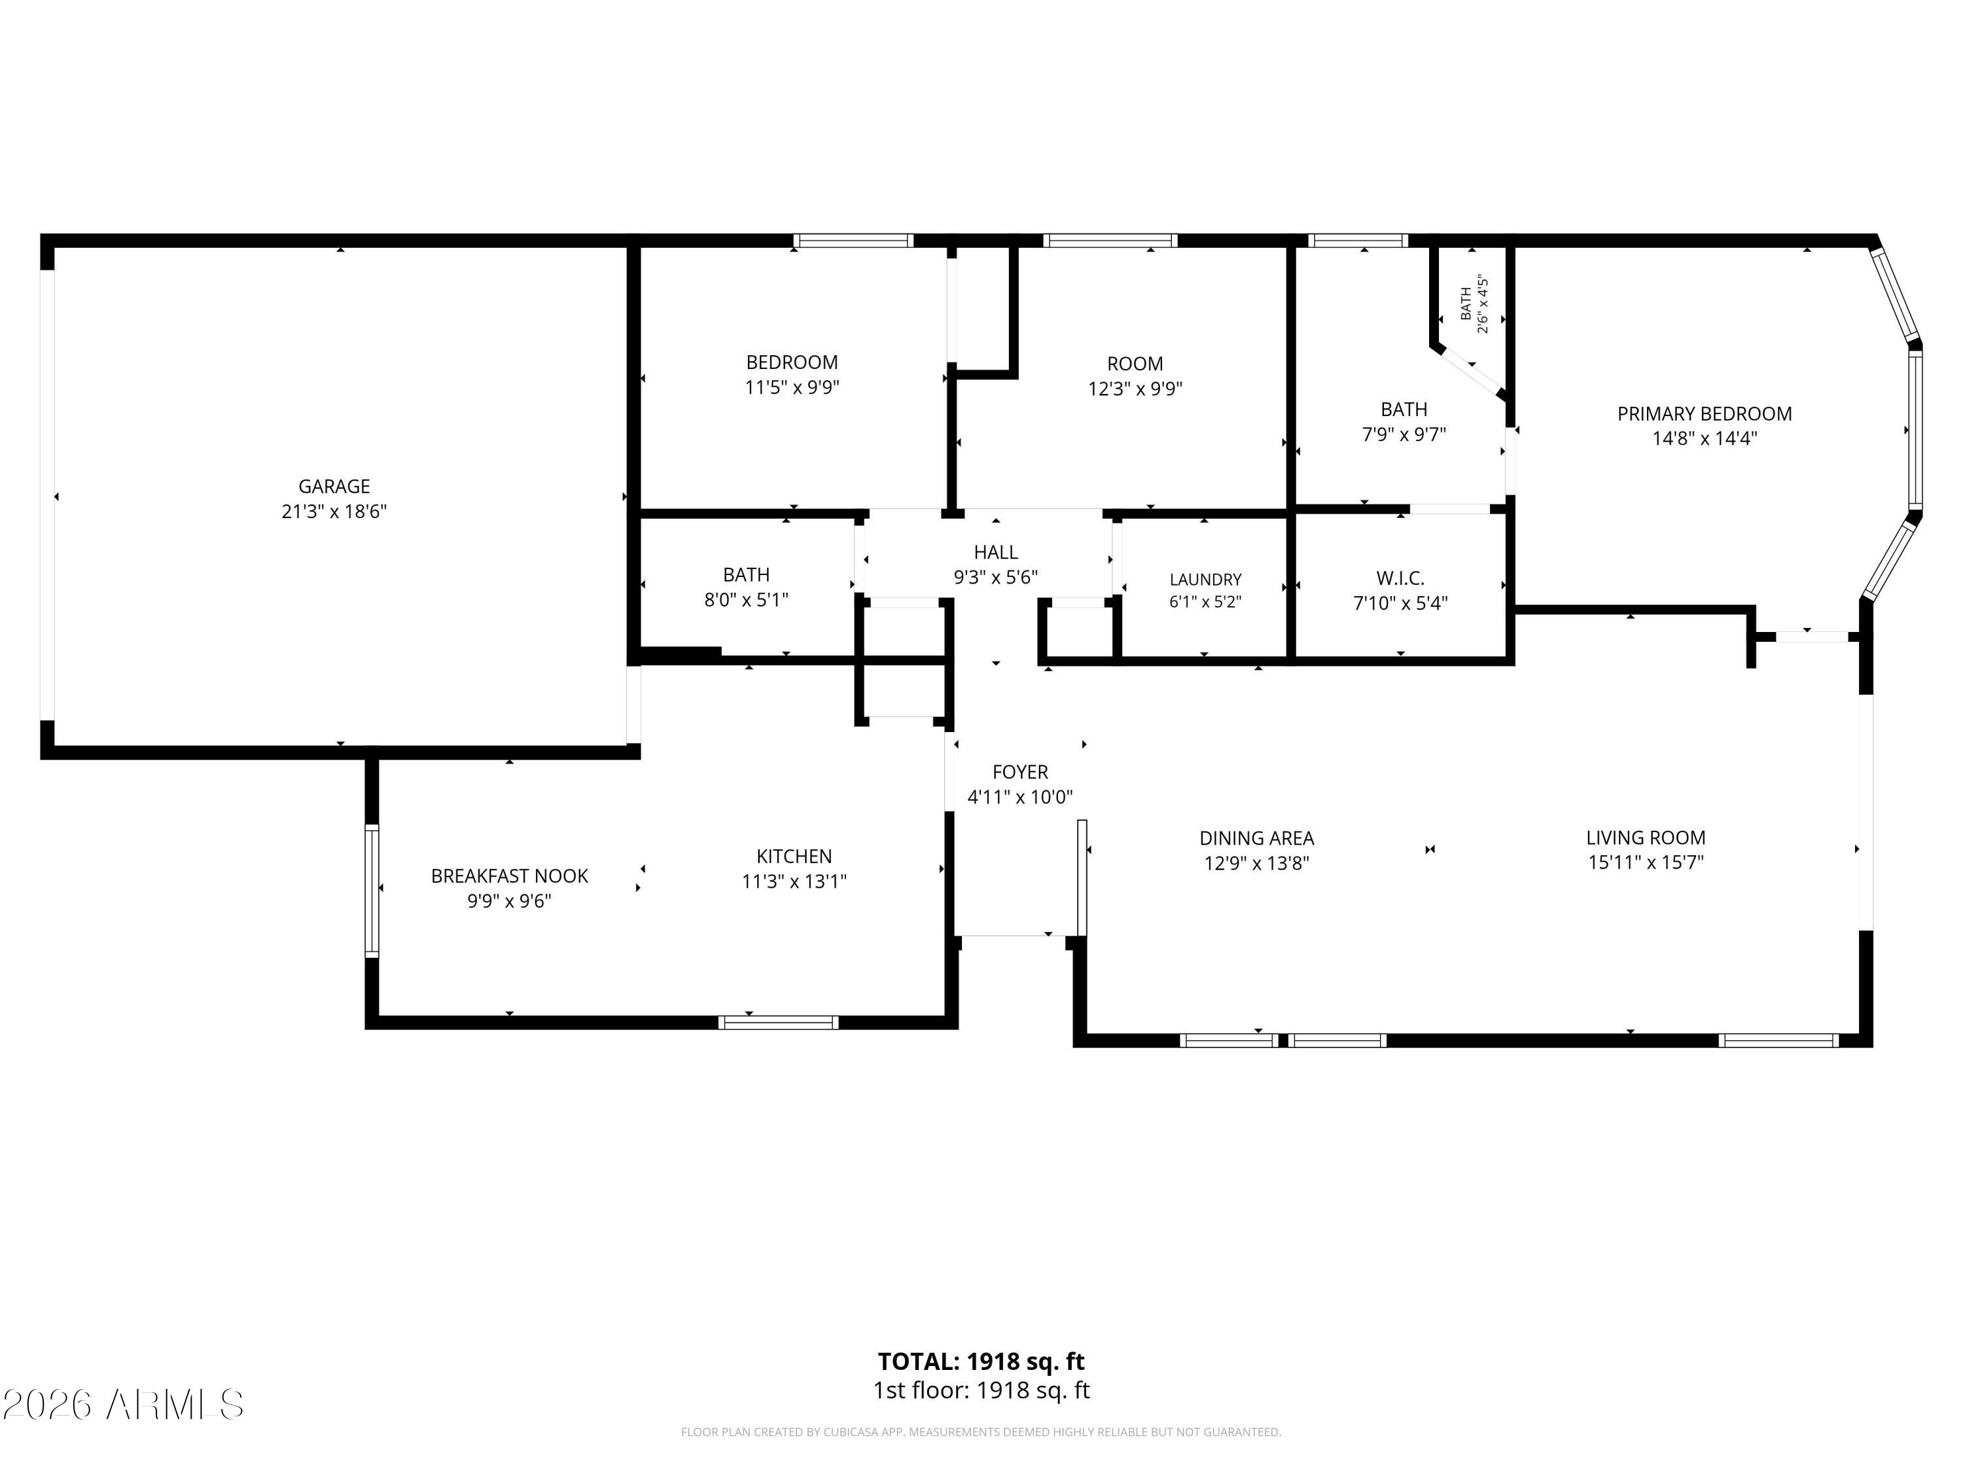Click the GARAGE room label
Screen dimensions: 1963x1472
pyautogui.click(x=334, y=486)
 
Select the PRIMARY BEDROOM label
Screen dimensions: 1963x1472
pyautogui.click(x=1704, y=413)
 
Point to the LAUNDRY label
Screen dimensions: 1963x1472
pyautogui.click(x=1205, y=580)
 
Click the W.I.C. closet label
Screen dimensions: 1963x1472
pyautogui.click(x=1400, y=578)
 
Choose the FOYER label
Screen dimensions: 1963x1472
pyautogui.click(x=1019, y=772)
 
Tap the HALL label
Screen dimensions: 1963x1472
pyautogui.click(x=996, y=553)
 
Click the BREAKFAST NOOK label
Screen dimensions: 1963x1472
pyautogui.click(x=509, y=876)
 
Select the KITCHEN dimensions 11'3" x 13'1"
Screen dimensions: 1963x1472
pyautogui.click(x=794, y=881)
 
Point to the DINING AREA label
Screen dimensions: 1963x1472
pyautogui.click(x=1256, y=837)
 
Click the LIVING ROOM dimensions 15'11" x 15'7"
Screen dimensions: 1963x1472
pyautogui.click(x=1645, y=862)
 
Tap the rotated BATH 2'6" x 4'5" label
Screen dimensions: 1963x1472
pyautogui.click(x=1474, y=304)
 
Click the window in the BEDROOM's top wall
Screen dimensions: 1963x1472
pyautogui.click(x=853, y=241)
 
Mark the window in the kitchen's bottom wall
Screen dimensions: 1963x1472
pyautogui.click(x=778, y=1022)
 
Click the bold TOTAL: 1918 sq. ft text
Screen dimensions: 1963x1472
pyautogui.click(x=981, y=1361)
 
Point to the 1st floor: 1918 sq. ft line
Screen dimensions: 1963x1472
pyautogui.click(x=981, y=1390)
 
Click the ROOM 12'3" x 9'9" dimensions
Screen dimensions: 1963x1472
pyautogui.click(x=1135, y=389)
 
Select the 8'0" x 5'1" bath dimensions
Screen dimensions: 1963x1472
pyautogui.click(x=747, y=600)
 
